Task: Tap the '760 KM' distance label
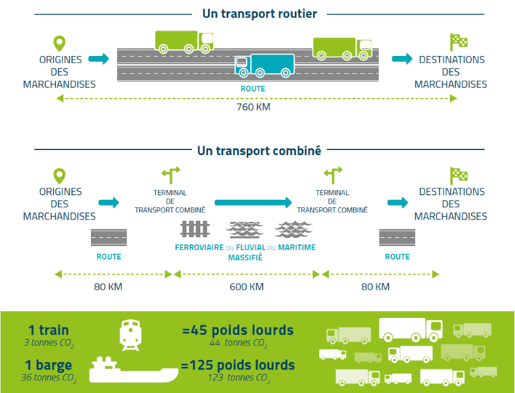tap(254, 107)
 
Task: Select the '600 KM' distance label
tap(247, 287)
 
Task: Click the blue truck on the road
tap(265, 65)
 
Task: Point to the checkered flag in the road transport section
tap(458, 42)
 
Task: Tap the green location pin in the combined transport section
tap(59, 176)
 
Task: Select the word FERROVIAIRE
tap(200, 248)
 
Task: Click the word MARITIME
tap(296, 248)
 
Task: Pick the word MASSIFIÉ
tap(245, 258)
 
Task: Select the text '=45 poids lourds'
tap(238, 330)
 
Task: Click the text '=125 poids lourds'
tap(238, 365)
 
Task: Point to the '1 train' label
tap(48, 330)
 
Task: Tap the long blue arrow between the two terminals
tap(252, 203)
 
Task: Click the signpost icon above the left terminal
tap(170, 174)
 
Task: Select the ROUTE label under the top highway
tap(252, 89)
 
